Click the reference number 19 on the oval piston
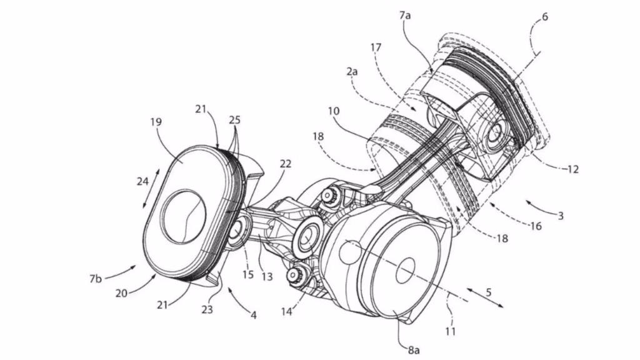(156, 123)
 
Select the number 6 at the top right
(545, 17)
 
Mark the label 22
(285, 164)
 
